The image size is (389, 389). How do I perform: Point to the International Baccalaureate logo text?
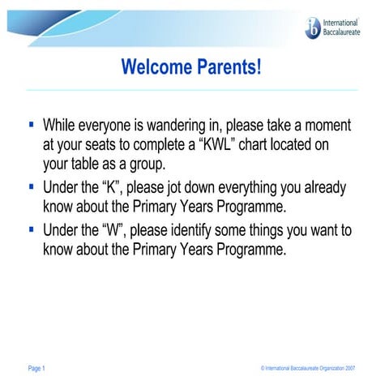[x=341, y=28]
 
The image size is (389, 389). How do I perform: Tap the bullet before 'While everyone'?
[x=31, y=126]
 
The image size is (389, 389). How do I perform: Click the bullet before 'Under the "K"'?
[x=31, y=188]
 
